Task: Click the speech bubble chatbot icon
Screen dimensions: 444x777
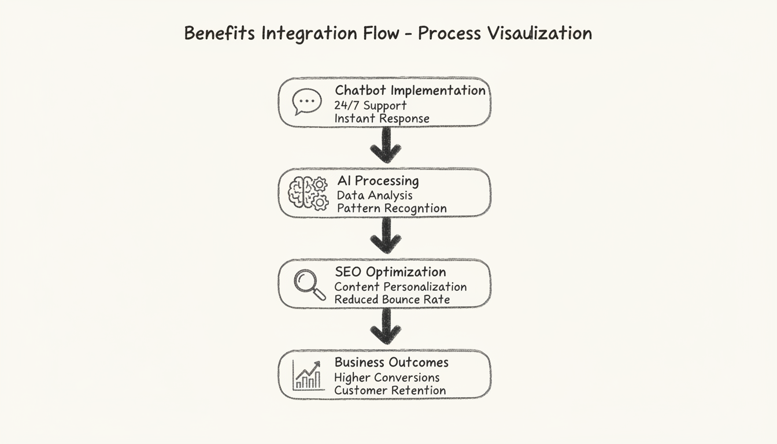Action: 306,102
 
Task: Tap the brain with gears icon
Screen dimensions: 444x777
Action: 308,193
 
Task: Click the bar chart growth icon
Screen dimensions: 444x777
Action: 307,375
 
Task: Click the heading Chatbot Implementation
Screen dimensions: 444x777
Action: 410,90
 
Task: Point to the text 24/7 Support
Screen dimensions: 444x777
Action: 370,105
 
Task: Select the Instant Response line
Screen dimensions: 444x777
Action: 382,119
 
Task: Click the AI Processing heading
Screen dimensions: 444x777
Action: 378,181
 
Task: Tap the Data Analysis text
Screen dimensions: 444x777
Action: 374,195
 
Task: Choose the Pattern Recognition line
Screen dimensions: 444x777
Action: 391,208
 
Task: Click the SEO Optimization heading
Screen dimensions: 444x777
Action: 390,272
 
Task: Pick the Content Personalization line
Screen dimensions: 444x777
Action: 400,287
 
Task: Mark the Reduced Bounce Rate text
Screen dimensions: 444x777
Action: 392,299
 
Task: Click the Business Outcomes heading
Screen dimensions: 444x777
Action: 391,362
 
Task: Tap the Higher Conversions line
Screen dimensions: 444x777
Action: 387,378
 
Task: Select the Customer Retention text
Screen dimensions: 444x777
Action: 390,390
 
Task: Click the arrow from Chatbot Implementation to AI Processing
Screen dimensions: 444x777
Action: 386,146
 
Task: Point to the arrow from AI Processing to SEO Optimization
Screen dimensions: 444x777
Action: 386,236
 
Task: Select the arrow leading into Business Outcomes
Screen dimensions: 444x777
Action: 386,327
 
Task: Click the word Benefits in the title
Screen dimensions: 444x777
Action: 220,34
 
